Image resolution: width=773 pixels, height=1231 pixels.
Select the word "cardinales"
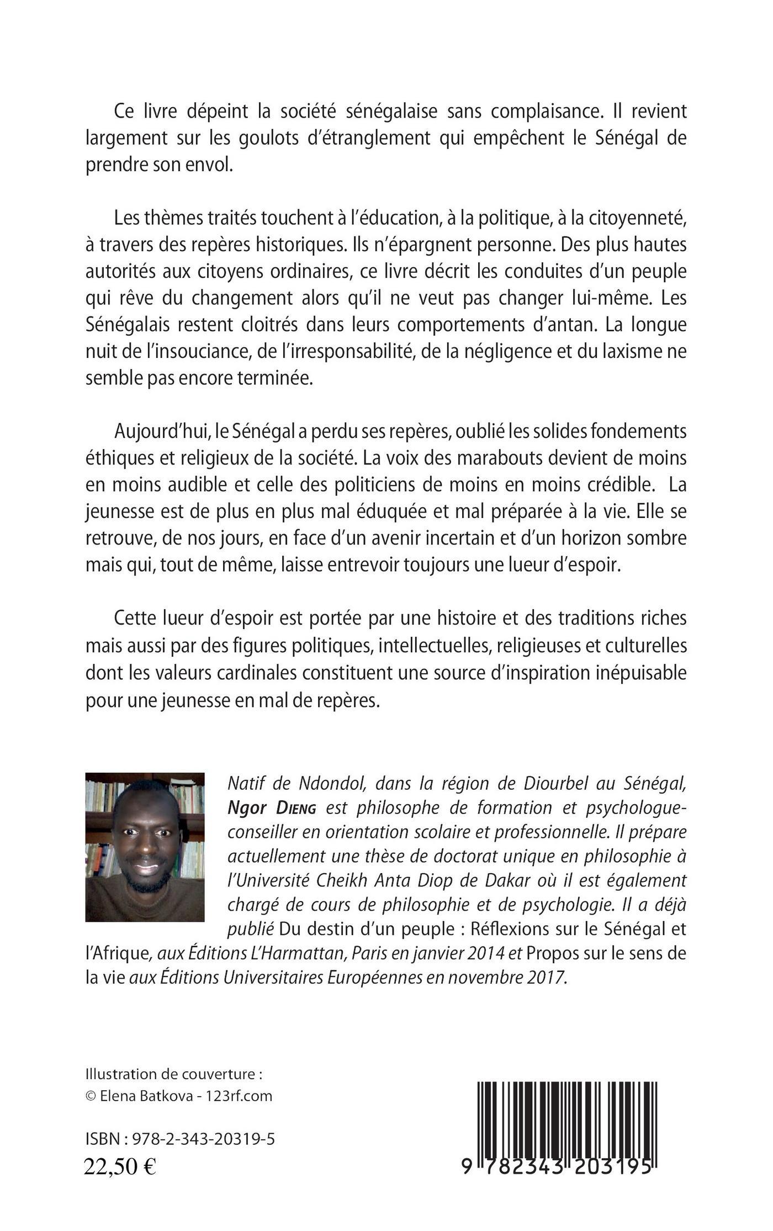coord(262,673)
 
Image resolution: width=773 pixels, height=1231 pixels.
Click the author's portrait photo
coord(145,847)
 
